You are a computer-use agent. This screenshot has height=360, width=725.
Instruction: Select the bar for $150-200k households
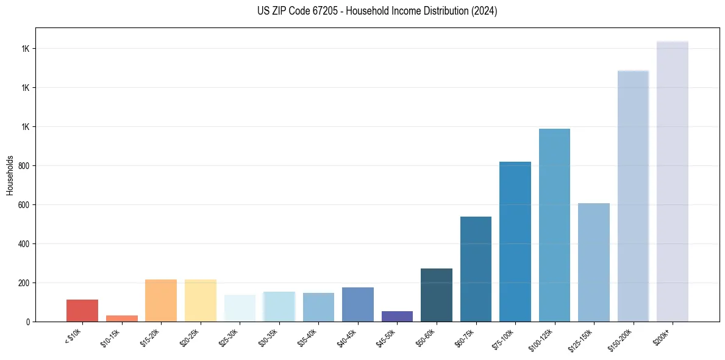pyautogui.click(x=633, y=196)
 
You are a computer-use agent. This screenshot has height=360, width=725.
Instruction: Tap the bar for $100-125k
pyautogui.click(x=554, y=225)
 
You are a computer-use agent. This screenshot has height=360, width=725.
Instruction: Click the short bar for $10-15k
pyautogui.click(x=122, y=319)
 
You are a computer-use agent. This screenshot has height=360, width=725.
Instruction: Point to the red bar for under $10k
pyautogui.click(x=82, y=311)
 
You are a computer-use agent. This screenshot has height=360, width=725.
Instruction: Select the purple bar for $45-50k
pyautogui.click(x=397, y=316)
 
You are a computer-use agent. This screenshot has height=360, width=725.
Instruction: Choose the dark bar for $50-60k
pyautogui.click(x=437, y=295)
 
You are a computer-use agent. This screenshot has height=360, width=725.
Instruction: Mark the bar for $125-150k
pyautogui.click(x=593, y=262)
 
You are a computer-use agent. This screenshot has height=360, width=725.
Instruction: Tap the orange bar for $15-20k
pyautogui.click(x=161, y=300)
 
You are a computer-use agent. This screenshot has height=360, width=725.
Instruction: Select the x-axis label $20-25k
pyautogui.click(x=193, y=337)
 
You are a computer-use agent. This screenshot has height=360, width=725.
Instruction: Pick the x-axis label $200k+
pyautogui.click(x=668, y=335)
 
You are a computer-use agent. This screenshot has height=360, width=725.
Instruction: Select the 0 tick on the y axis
pyautogui.click(x=28, y=322)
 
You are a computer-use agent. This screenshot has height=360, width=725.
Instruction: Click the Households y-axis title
pyautogui.click(x=10, y=175)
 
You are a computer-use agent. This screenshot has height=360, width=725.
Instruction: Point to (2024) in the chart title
pyautogui.click(x=484, y=11)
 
